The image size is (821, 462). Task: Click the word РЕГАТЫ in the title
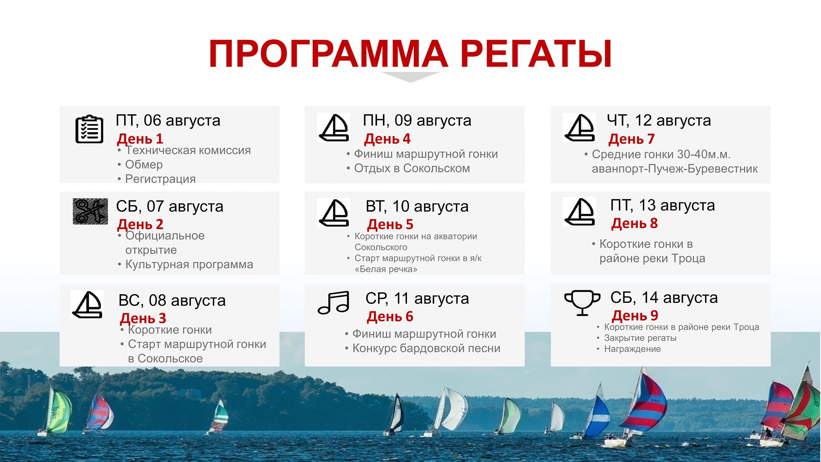point(536,54)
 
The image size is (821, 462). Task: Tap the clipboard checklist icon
point(89,129)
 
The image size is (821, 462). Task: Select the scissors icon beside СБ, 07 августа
point(90,211)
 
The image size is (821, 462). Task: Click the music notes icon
point(334,302)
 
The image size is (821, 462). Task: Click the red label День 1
point(140,139)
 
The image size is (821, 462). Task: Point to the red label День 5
point(390,224)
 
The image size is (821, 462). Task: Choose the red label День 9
point(635,316)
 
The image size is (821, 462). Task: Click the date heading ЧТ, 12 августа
point(659,120)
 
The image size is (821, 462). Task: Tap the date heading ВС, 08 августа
point(172,300)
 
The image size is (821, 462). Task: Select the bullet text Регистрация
point(160,179)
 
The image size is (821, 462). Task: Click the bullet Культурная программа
point(189,264)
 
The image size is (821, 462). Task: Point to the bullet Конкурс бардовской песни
point(427,348)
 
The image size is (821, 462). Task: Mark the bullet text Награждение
point(632,349)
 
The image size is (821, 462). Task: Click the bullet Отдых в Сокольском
point(412,168)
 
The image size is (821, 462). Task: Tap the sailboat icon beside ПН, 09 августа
point(334,128)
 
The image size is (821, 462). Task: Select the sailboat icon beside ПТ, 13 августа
point(580,212)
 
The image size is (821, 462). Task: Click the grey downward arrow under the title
point(410,76)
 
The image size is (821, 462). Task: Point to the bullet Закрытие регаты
point(640,338)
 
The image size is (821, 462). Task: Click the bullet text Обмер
point(144,164)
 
